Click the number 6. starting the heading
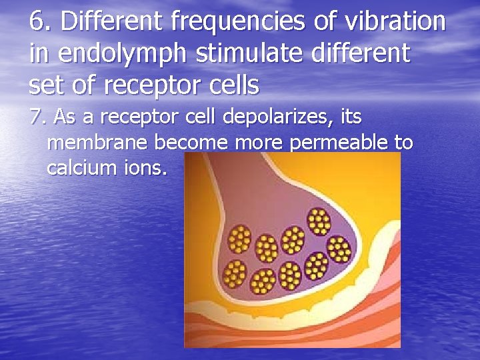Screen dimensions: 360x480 click(41, 22)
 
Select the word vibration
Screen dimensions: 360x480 click(399, 22)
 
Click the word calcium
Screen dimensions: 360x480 click(77, 167)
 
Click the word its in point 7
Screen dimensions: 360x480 click(351, 117)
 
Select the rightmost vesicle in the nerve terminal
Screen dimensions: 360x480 click(339, 249)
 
